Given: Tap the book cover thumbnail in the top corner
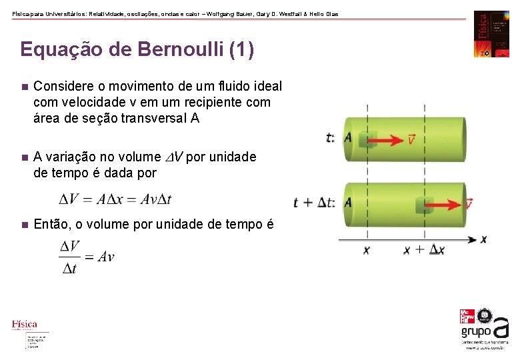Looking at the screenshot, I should click(491, 34).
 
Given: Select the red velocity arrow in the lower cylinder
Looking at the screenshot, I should click(447, 203).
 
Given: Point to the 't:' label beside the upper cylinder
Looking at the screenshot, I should click(331, 138).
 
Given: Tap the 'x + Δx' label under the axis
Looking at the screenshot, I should click(424, 250).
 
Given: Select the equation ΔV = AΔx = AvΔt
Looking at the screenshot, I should click(115, 199).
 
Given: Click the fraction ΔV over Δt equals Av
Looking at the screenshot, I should click(87, 257).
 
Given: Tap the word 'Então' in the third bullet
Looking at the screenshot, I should click(51, 224).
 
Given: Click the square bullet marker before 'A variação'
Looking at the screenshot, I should click(23, 157).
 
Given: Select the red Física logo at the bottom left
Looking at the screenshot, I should click(25, 325).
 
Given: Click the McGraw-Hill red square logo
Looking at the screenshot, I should click(469, 317).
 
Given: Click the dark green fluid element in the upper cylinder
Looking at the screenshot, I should click(367, 139).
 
